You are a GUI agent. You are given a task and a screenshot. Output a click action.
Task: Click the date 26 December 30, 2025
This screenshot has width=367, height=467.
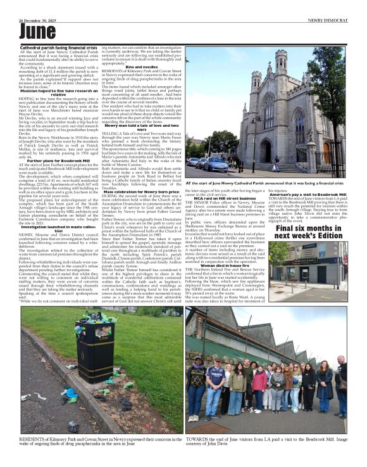[40, 14]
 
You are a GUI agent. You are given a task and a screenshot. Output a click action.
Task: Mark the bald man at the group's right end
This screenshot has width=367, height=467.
[340, 380]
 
